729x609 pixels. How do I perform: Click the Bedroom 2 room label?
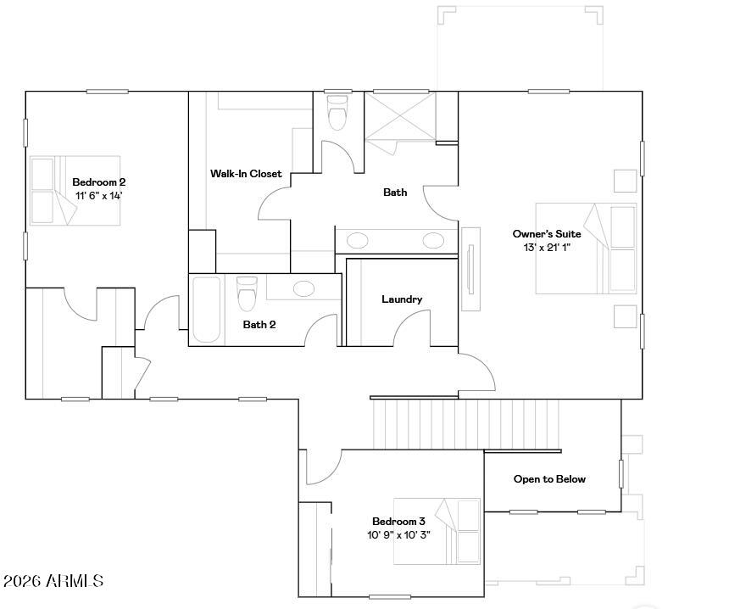tap(98, 182)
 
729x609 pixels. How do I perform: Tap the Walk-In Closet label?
tap(246, 174)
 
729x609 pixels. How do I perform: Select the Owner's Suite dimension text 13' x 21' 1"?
tap(547, 248)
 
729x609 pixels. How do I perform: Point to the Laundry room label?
tap(402, 299)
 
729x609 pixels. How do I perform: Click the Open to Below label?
tap(549, 478)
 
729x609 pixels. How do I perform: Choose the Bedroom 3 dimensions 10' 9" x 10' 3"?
tap(398, 535)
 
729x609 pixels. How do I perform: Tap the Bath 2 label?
tap(259, 324)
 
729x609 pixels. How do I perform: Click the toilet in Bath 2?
tap(247, 293)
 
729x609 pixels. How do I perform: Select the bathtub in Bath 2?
tap(207, 310)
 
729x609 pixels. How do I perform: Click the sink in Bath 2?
tap(303, 288)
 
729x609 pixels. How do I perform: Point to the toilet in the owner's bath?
tap(337, 113)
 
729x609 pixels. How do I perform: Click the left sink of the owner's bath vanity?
tap(357, 241)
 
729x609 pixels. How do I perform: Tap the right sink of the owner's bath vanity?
tap(433, 240)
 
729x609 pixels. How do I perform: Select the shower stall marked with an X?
tap(400, 115)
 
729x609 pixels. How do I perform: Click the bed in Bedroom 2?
tap(75, 191)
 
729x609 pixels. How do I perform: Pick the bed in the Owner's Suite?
tap(586, 248)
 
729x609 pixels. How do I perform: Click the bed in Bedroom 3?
tap(437, 531)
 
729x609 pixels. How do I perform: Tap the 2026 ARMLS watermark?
tap(53, 581)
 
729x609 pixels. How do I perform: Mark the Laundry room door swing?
tap(412, 328)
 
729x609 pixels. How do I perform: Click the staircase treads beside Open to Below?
tap(466, 424)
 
